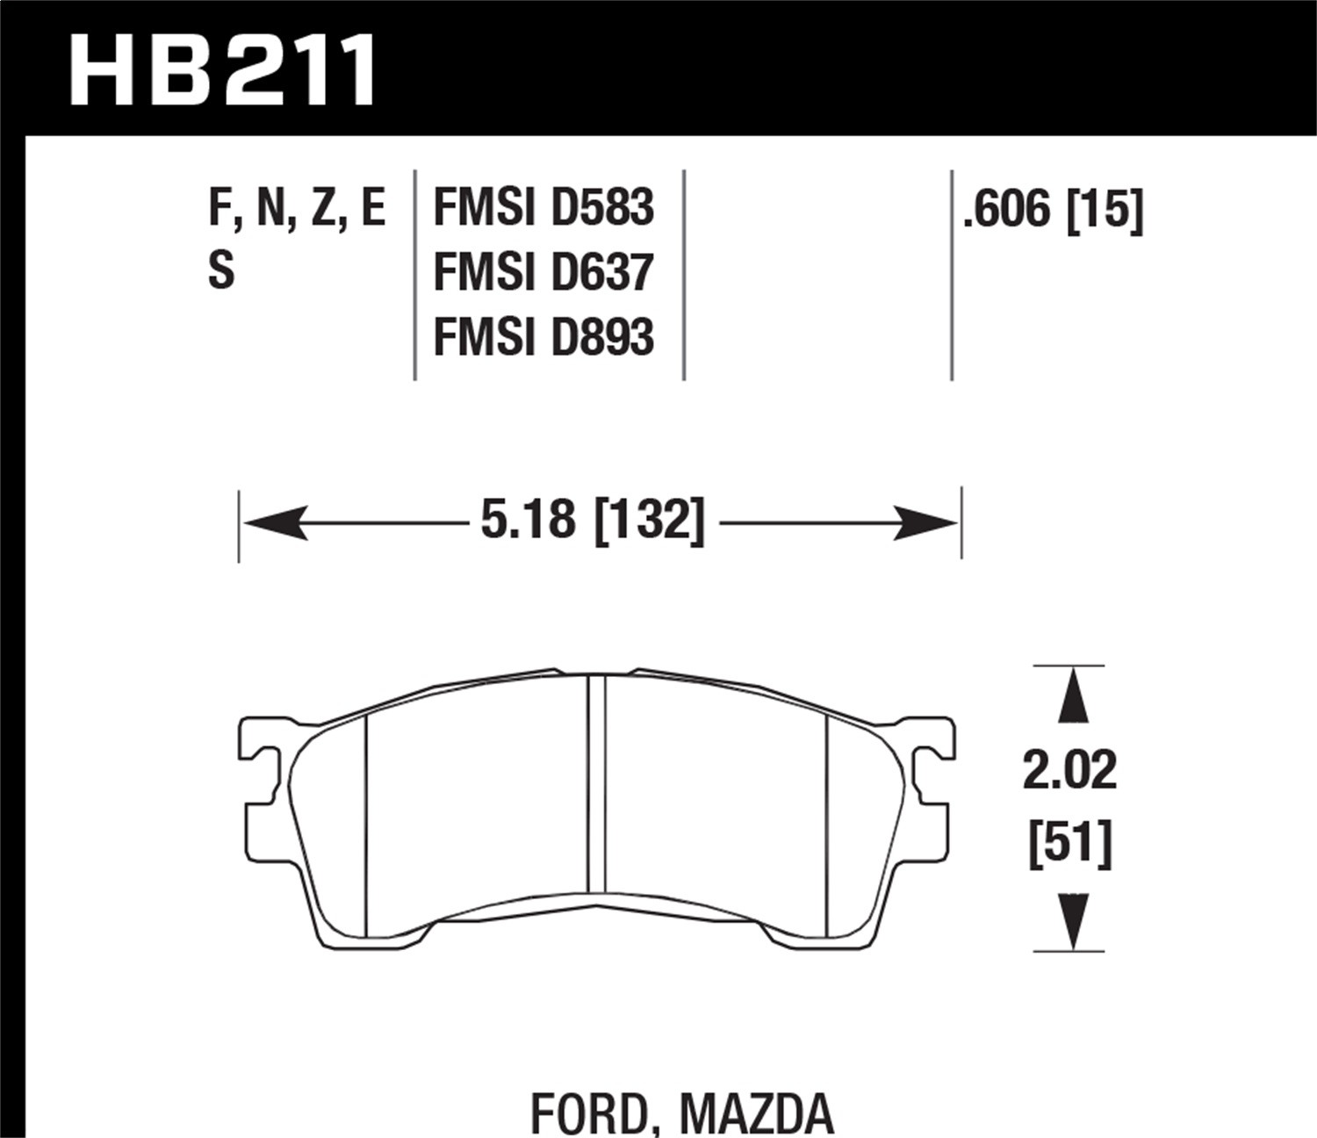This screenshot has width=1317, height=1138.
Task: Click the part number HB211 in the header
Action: tap(223, 70)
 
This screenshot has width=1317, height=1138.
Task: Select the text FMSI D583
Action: tap(543, 209)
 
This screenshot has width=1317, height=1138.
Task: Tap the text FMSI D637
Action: tap(543, 272)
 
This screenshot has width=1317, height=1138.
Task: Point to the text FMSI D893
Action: tap(543, 337)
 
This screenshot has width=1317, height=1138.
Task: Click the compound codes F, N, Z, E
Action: tap(297, 209)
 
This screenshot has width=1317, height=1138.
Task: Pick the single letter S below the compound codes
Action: tap(221, 270)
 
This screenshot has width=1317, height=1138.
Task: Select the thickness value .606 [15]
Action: tap(1053, 211)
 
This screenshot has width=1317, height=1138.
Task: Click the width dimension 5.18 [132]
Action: tap(593, 520)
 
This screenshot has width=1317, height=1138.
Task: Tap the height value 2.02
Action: tap(1069, 770)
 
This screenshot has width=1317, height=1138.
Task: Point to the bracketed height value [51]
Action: tap(1069, 844)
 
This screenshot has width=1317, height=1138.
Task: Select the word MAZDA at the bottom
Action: tap(757, 1113)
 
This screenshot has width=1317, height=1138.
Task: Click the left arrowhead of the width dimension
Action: tap(274, 523)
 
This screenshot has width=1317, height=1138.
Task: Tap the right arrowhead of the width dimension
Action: tap(926, 523)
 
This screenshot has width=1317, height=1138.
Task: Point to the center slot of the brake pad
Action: tap(595, 781)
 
